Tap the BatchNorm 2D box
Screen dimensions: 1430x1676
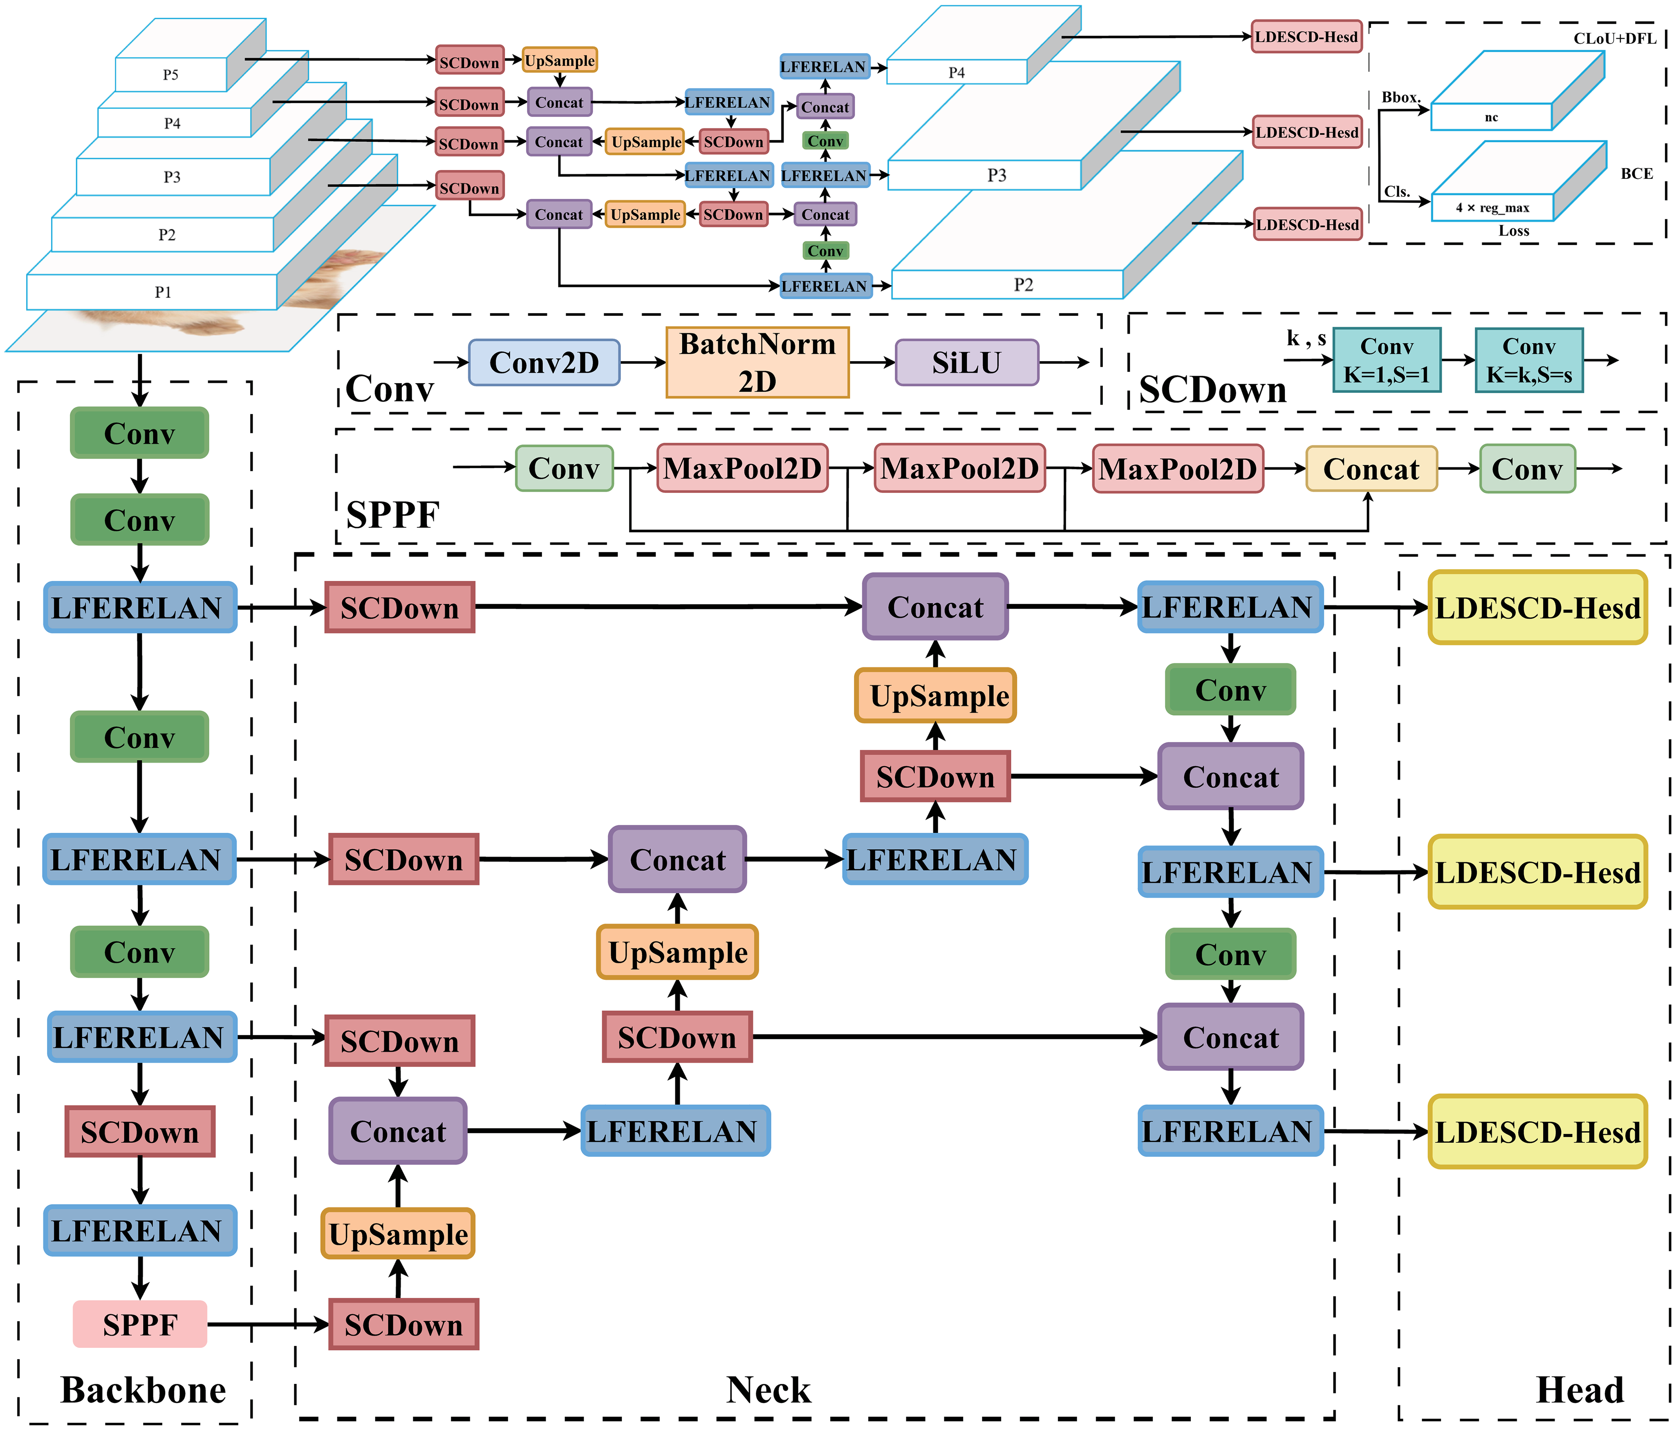[x=757, y=362]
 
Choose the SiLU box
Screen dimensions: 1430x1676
[x=967, y=362]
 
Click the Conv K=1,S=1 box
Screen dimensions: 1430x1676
[x=1387, y=360]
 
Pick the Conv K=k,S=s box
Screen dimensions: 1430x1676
[x=1529, y=360]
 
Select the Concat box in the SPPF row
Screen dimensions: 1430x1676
[x=1371, y=469]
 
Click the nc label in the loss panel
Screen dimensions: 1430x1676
[x=1491, y=117]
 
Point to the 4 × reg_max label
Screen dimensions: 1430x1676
[x=1492, y=208]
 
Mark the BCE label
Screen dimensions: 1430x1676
[x=1636, y=174]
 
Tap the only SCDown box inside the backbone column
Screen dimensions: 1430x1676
[x=140, y=1132]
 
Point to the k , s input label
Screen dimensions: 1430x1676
[x=1306, y=338]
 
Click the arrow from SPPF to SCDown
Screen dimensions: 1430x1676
[x=267, y=1324]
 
